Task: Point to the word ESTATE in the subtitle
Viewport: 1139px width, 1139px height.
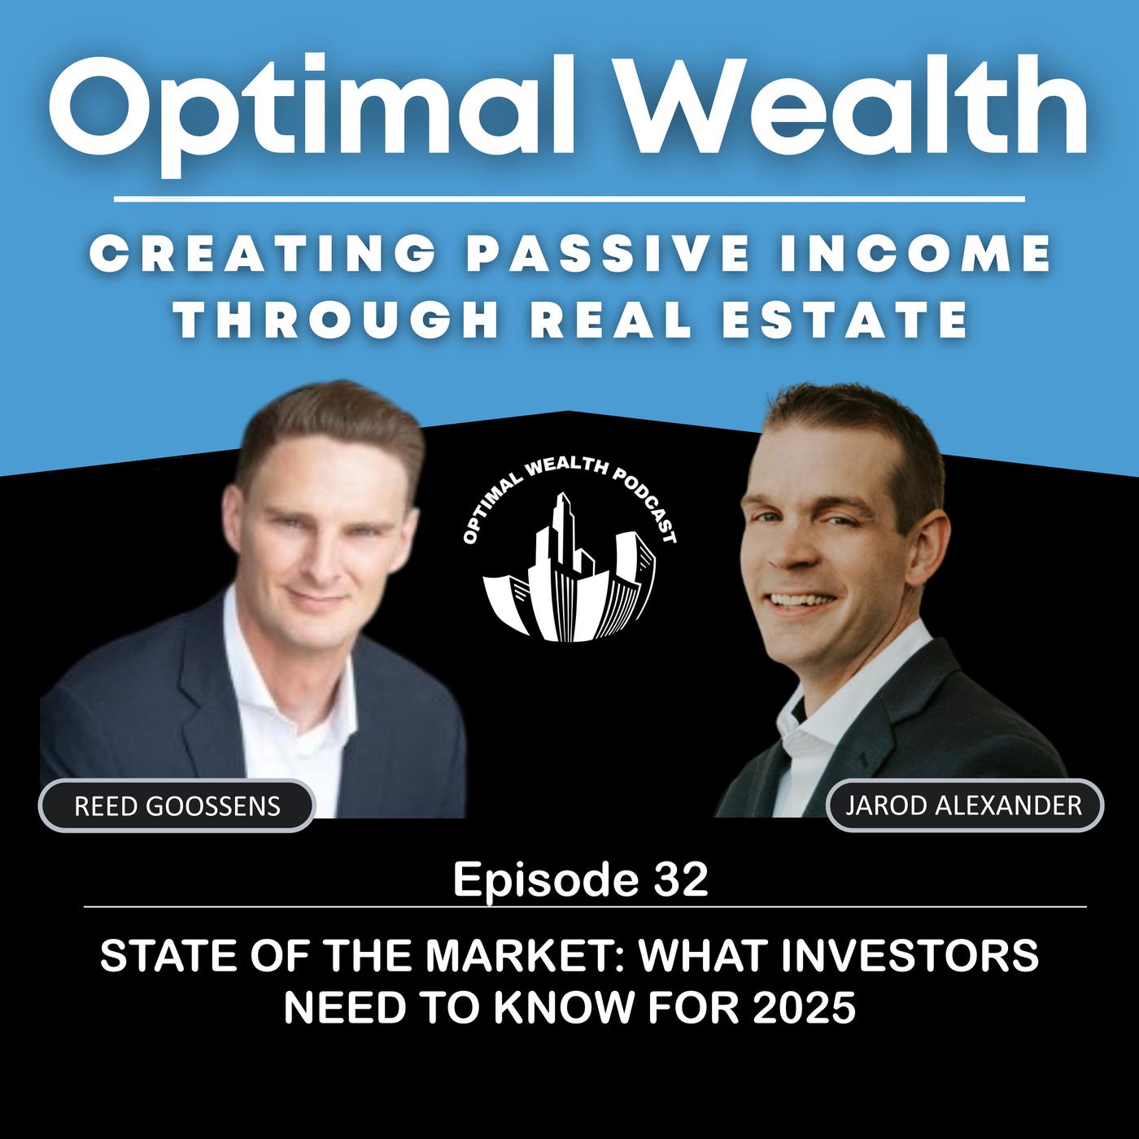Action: pyautogui.click(x=844, y=319)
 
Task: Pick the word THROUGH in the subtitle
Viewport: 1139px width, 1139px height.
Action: pyautogui.click(x=338, y=319)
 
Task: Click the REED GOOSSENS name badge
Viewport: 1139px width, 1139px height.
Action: pyautogui.click(x=177, y=805)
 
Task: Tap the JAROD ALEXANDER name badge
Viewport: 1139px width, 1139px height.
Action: pyautogui.click(x=964, y=805)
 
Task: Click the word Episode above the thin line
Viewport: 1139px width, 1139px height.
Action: pyautogui.click(x=546, y=881)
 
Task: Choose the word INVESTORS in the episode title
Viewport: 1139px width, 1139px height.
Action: pyautogui.click(x=910, y=956)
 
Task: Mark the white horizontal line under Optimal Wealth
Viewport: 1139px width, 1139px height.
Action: pyautogui.click(x=569, y=199)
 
